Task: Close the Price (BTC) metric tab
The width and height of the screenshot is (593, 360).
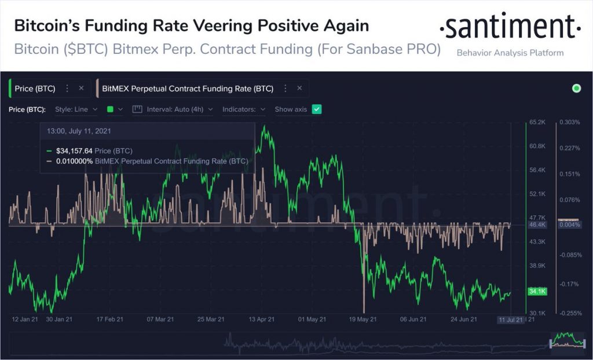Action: (x=81, y=89)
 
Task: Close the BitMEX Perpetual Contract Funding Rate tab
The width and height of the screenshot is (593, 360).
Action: (x=299, y=89)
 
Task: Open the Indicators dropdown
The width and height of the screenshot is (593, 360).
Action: (x=244, y=109)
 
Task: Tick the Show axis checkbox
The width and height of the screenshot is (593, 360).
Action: (x=316, y=109)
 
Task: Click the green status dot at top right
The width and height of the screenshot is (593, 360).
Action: (x=576, y=89)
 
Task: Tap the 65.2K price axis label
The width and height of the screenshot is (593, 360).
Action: (x=537, y=122)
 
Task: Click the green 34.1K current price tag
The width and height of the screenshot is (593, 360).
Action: (x=537, y=291)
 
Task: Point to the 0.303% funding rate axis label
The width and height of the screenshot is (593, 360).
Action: (x=569, y=122)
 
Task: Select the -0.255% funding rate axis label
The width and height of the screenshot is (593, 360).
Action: (x=569, y=313)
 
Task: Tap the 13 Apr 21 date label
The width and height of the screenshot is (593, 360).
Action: (x=261, y=319)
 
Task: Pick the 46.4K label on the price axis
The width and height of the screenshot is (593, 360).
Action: (x=537, y=224)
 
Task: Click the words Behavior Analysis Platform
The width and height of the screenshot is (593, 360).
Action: (x=510, y=53)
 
